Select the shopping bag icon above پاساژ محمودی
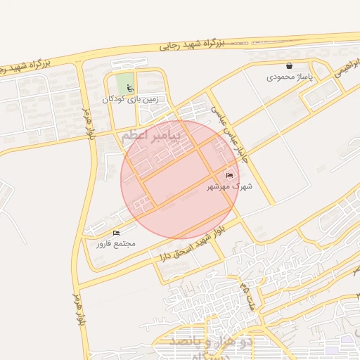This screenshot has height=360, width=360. point(289,65)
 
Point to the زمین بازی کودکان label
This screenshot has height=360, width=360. point(131,99)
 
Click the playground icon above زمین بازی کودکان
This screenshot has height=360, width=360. point(129,88)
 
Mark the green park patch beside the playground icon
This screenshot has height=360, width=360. point(122,81)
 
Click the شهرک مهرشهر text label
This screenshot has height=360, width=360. point(229,187)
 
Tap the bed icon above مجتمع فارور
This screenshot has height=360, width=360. point(116,233)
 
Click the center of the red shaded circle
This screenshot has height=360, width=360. point(180,180)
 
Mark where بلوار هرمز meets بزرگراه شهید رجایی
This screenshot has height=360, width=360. point(81,61)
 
